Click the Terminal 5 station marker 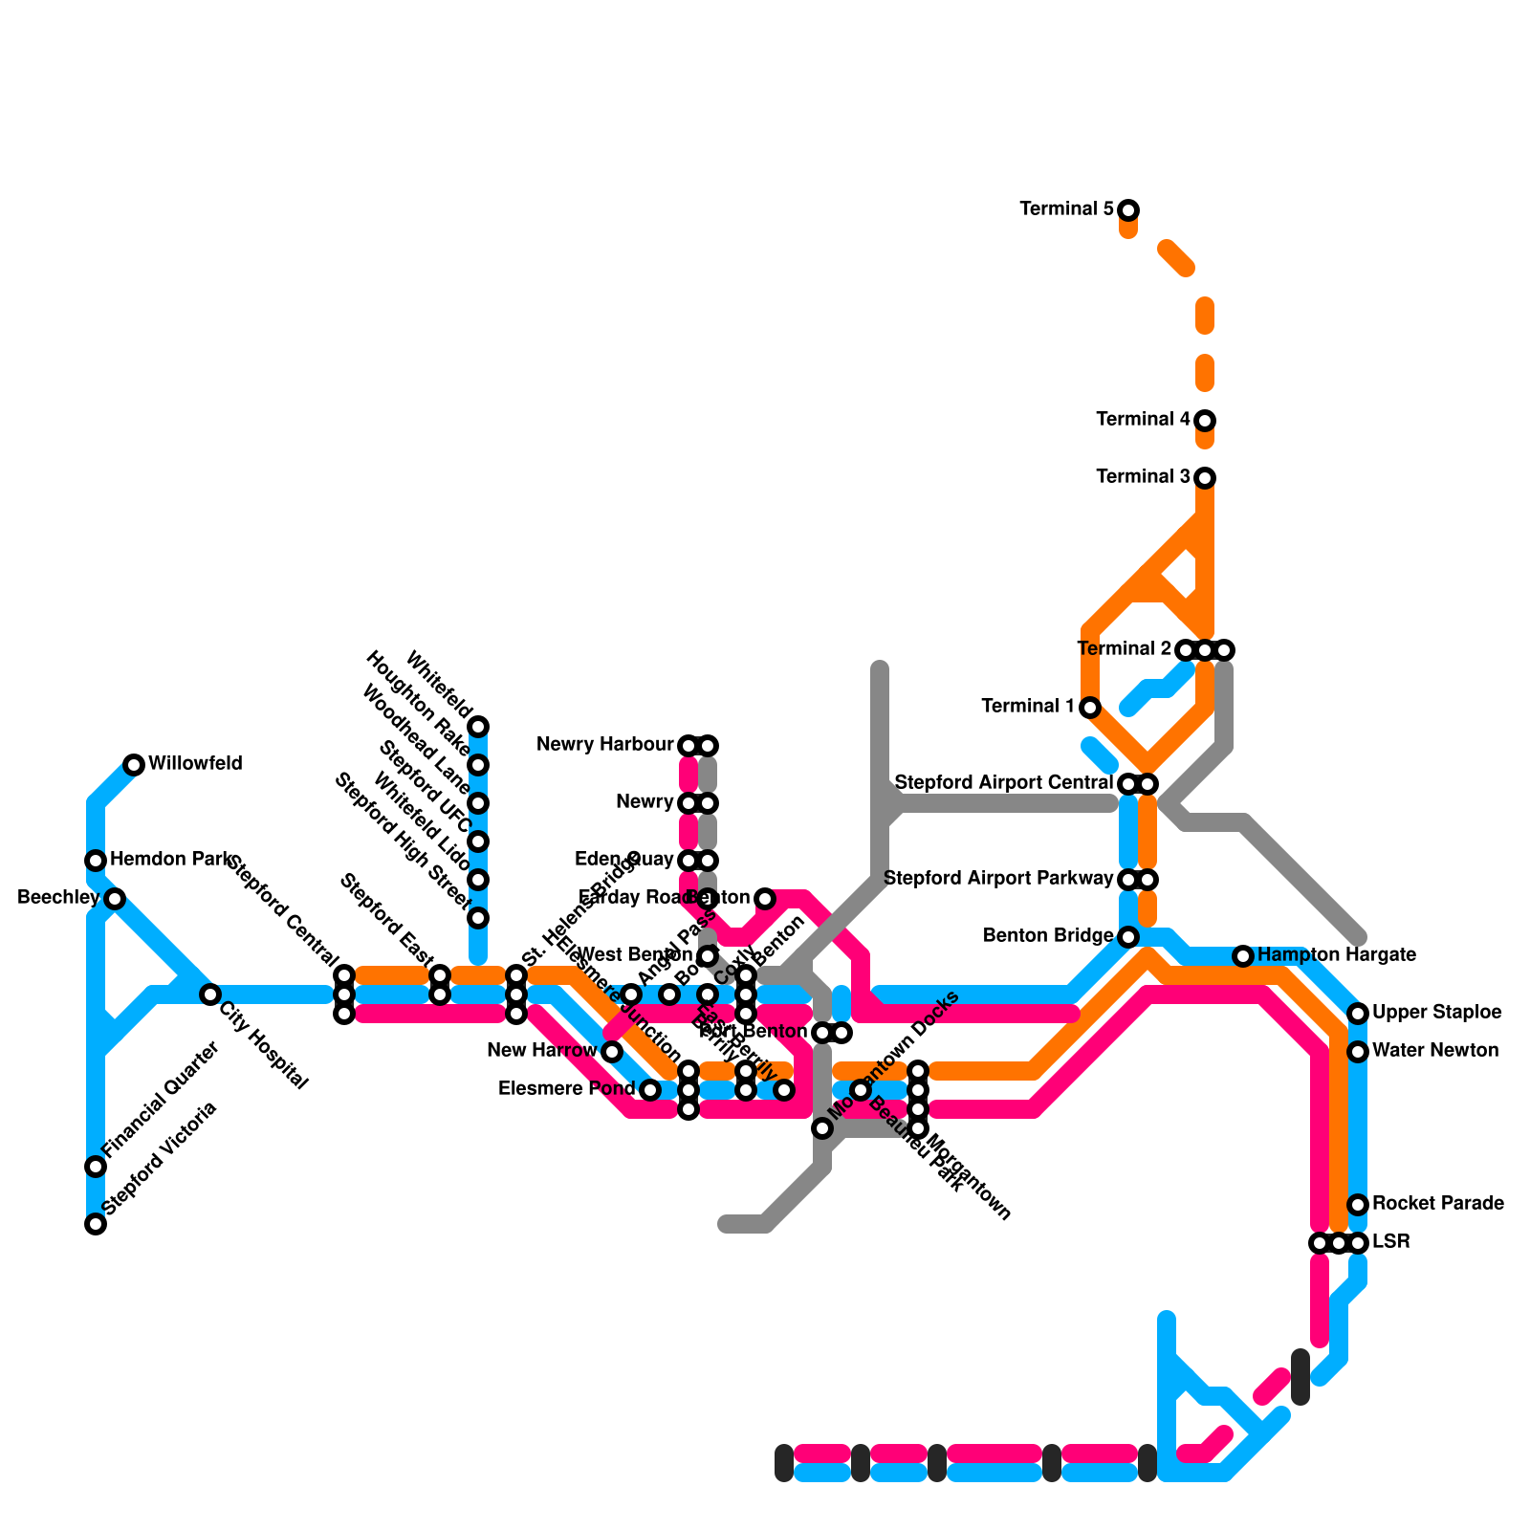coord(1128,210)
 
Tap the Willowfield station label coord(195,764)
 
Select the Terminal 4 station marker coord(1205,421)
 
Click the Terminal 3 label coord(1143,477)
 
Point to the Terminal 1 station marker coord(1090,708)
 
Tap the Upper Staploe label coord(1436,1013)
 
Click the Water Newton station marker coord(1358,1052)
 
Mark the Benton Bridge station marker coord(1128,937)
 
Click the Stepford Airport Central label coord(1003,783)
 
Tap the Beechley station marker coord(115,899)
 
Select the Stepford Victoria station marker coord(96,1224)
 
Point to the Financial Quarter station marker coord(96,1167)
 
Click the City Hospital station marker coord(210,994)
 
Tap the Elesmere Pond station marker coord(650,1090)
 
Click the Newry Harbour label coord(605,745)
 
